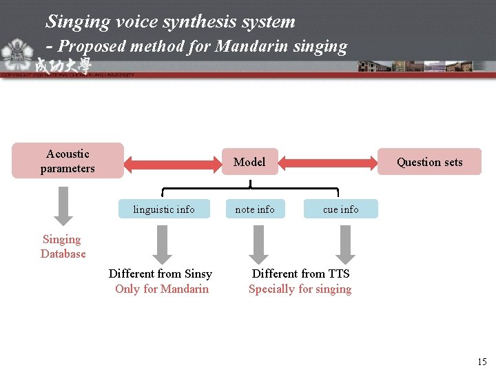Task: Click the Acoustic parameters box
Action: coord(68,161)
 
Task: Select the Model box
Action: coord(249,162)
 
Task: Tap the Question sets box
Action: coord(430,163)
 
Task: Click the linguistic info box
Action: coord(164,209)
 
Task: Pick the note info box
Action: coord(255,209)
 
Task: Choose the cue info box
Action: coord(341,209)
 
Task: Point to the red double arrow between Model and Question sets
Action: coord(329,163)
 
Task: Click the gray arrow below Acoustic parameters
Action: coord(63,205)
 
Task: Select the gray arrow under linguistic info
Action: coord(161,244)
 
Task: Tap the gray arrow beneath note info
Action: coord(258,244)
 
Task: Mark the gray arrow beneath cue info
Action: coord(347,244)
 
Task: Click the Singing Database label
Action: coord(63,247)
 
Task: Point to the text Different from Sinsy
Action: coord(161,273)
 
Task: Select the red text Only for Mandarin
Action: coord(162,289)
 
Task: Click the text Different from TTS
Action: coord(300,273)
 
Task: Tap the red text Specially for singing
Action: coord(300,289)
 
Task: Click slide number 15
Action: coord(482,362)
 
